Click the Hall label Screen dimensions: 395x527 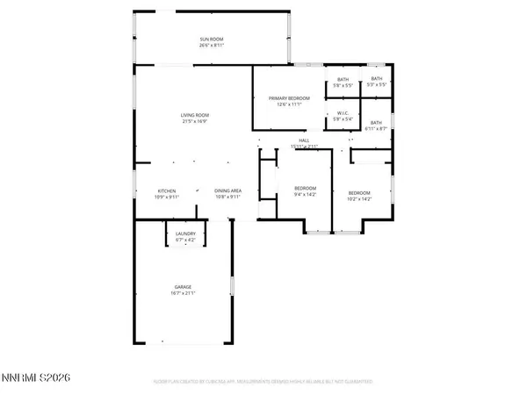click(305, 140)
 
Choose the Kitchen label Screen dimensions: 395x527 click(168, 191)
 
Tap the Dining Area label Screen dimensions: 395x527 click(228, 191)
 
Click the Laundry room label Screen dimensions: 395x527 click(185, 234)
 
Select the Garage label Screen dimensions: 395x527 click(184, 287)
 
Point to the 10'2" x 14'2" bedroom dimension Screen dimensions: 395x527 click(359, 199)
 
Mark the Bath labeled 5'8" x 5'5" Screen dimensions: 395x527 click(343, 86)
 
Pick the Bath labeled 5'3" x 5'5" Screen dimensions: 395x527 click(377, 86)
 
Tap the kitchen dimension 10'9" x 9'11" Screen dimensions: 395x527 click(168, 197)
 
